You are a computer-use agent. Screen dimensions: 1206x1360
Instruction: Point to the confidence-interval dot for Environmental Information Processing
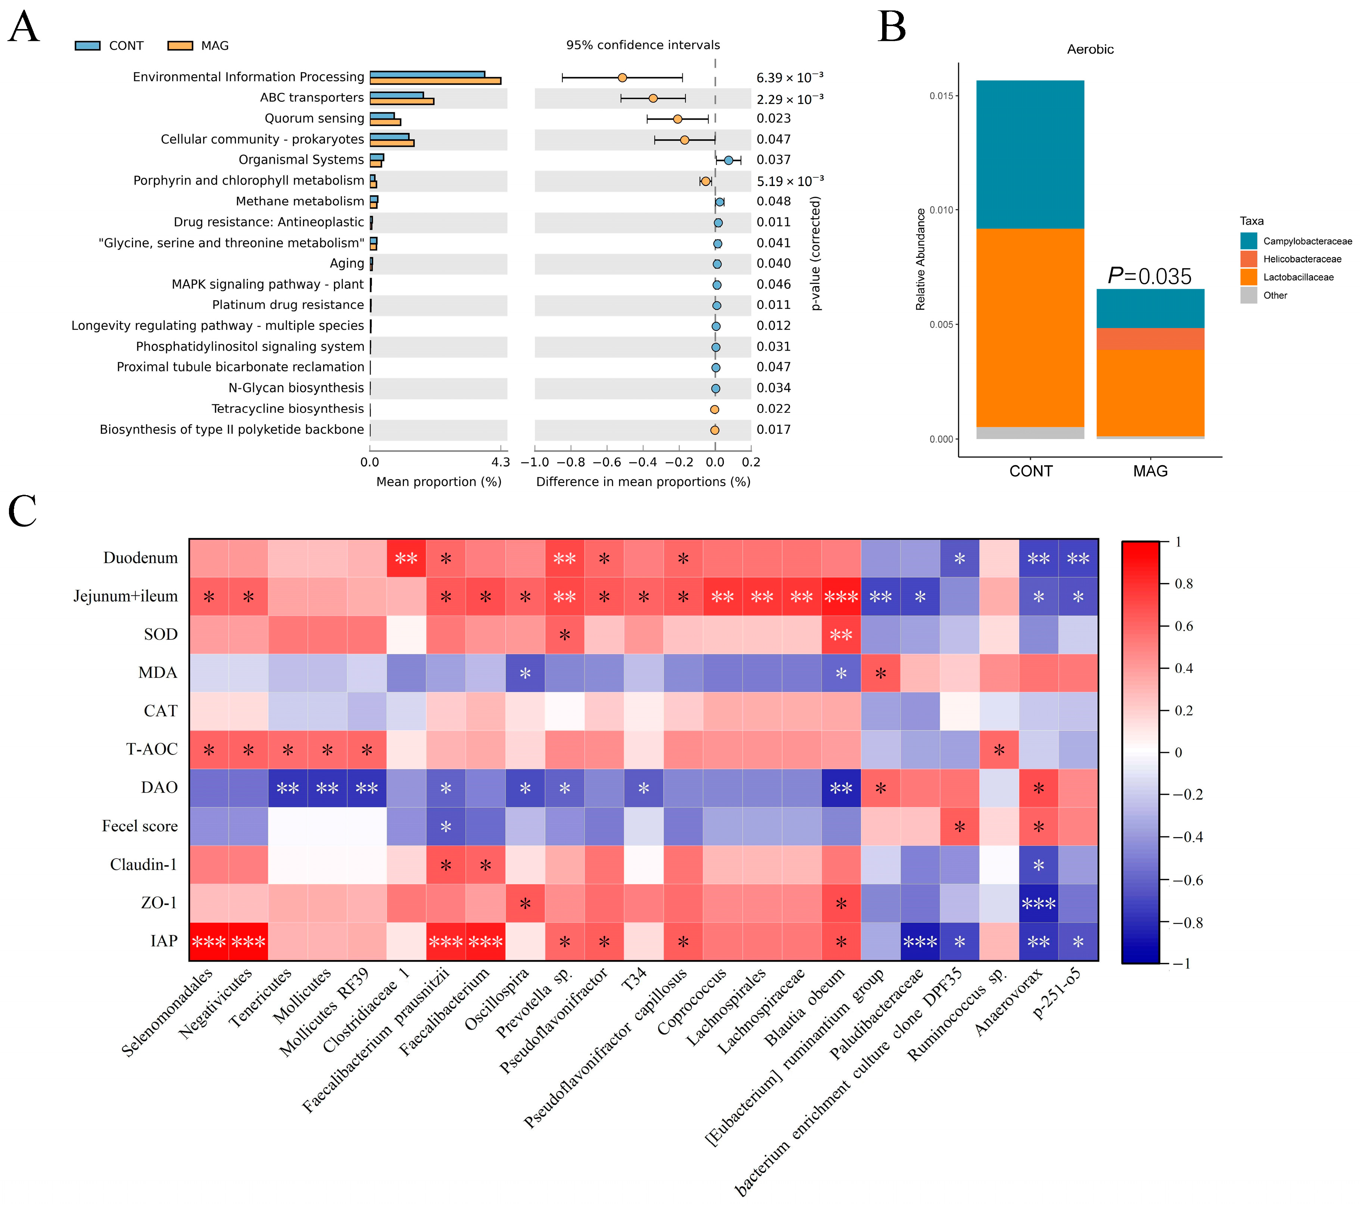point(622,78)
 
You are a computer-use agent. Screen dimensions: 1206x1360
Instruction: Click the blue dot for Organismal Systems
point(729,160)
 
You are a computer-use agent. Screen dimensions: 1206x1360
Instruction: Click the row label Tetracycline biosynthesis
point(287,408)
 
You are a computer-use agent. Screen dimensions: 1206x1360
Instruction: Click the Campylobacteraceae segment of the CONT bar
point(1030,154)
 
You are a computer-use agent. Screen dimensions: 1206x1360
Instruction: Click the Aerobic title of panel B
point(1090,49)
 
